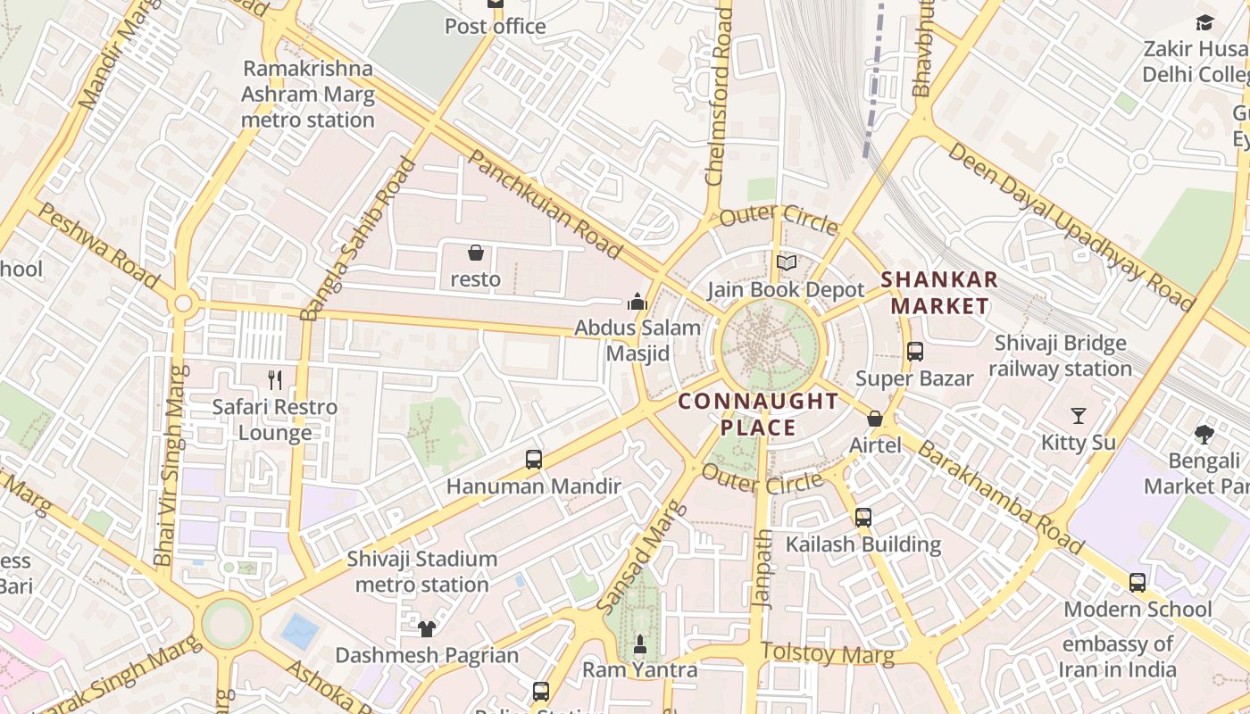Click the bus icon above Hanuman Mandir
tap(533, 460)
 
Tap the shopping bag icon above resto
tap(476, 253)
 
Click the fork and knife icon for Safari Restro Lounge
tap(275, 380)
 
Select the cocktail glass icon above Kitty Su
tap(1079, 416)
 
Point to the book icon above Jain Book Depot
tap(786, 263)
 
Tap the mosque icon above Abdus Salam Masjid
tap(637, 302)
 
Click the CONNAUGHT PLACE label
tap(758, 414)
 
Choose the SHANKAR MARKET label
tap(939, 293)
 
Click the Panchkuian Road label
tap(544, 204)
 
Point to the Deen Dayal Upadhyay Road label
tap(1071, 226)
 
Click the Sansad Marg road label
tap(642, 558)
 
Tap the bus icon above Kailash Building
tap(862, 518)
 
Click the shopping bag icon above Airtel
tap(875, 419)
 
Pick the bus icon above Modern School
tap(1137, 583)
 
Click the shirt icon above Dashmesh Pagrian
tap(426, 629)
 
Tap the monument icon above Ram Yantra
tap(639, 643)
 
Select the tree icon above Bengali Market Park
tap(1204, 435)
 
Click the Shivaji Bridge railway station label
tap(1060, 355)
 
